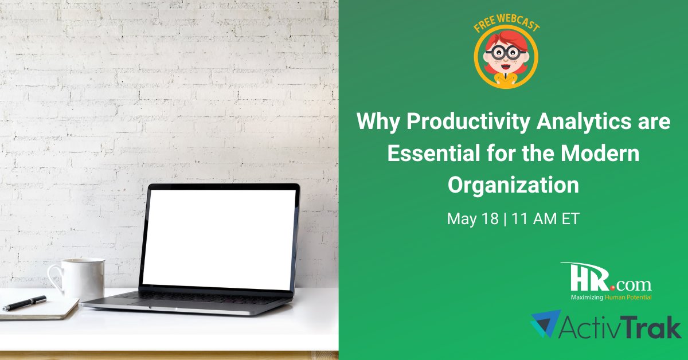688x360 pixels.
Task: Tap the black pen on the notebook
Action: tap(24, 303)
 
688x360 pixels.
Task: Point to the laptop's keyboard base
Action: tap(189, 301)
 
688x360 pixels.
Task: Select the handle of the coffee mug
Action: tap(54, 279)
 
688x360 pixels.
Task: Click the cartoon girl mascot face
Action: tap(506, 55)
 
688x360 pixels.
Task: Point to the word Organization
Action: tap(513, 185)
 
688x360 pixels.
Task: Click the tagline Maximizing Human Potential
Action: tap(611, 298)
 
